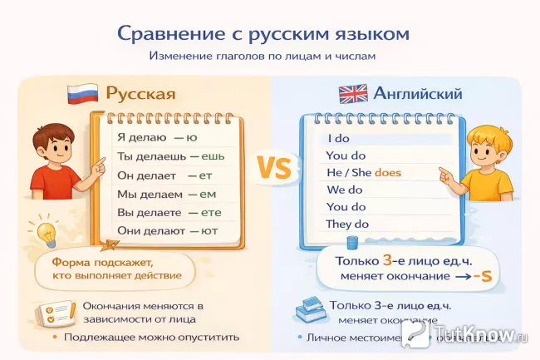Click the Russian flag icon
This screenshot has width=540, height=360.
pos(83,93)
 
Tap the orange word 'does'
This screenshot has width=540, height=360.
pos(388,173)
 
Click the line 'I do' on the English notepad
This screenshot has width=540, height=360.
pos(339,138)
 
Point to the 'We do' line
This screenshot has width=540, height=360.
pos(344,190)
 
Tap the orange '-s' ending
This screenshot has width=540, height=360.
pos(479,276)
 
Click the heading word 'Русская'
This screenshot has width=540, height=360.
pos(140,93)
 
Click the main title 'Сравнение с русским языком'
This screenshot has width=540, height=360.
pos(263,34)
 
